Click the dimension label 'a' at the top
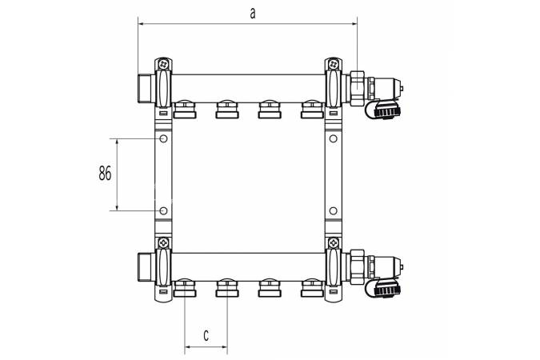pos(253,14)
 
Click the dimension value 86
pos(105,173)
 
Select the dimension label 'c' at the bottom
pos(206,335)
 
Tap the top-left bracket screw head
pos(163,64)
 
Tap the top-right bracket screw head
pos(333,64)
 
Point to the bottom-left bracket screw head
pos(163,243)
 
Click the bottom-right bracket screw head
pos(333,243)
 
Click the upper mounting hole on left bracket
pos(163,139)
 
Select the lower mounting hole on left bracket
pos(163,210)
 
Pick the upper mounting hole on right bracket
pos(333,139)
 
